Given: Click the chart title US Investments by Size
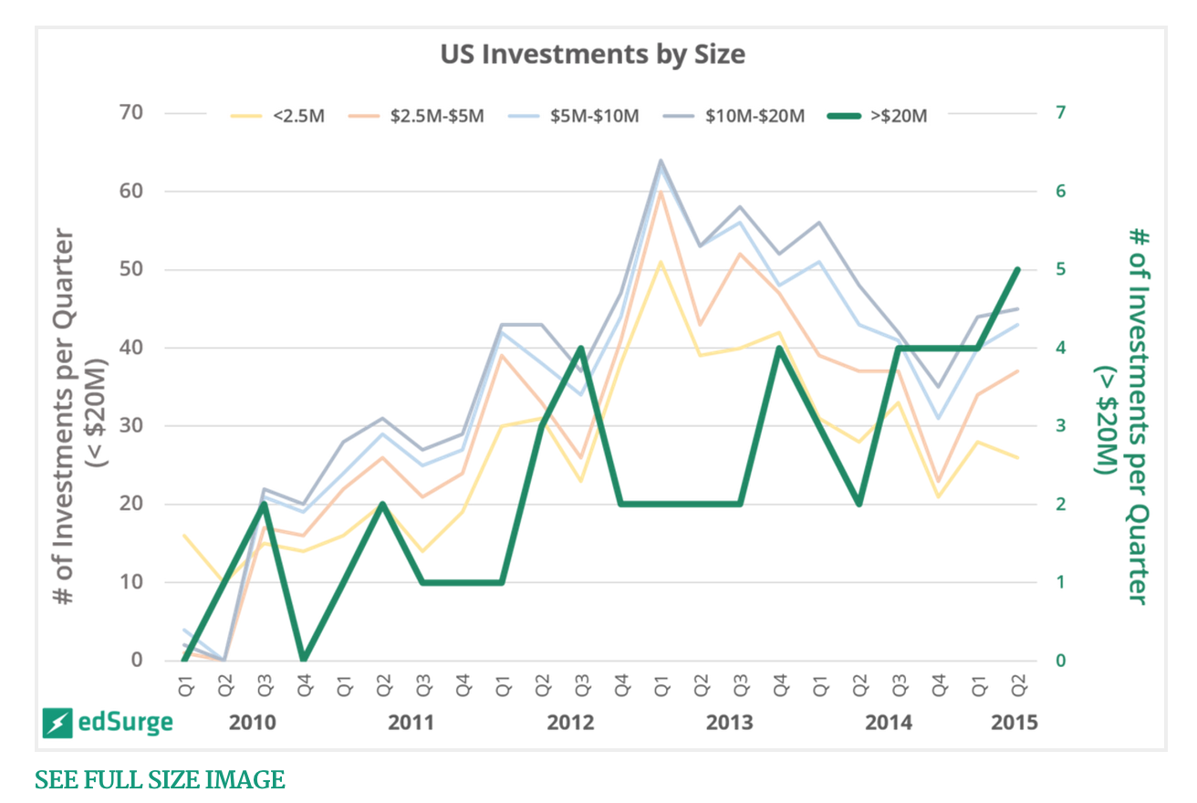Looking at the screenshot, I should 592,55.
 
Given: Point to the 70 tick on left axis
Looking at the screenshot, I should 131,113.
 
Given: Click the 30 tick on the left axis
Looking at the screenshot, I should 131,426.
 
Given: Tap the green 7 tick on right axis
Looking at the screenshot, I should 1061,113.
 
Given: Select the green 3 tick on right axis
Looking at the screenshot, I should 1061,426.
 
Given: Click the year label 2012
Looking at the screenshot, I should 570,724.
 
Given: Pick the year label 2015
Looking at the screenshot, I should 1015,724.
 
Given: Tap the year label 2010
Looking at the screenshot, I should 252,724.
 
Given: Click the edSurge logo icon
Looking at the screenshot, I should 57,724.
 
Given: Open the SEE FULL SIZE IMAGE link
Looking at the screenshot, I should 160,780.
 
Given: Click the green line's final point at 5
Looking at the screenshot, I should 1017,270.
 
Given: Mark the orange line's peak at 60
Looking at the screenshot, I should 661,192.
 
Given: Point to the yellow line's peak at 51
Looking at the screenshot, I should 661,262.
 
